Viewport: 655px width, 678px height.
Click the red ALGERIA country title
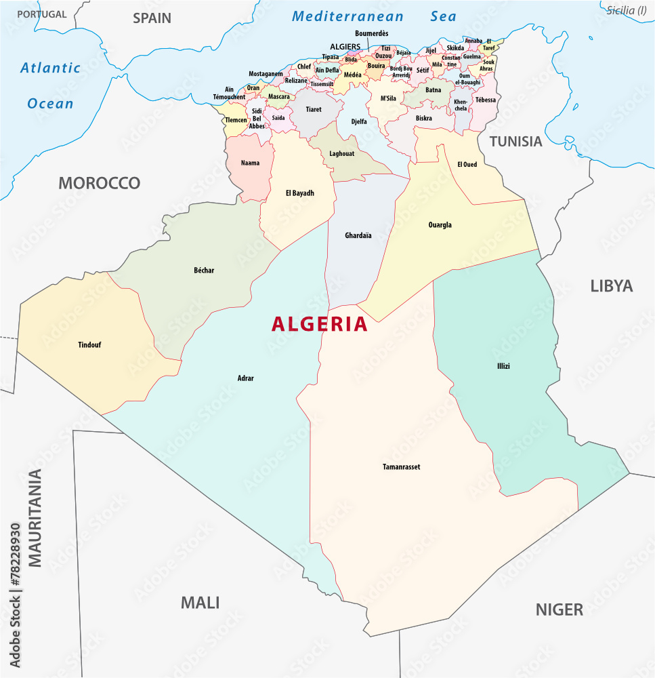click(320, 324)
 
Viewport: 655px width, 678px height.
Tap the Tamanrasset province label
click(401, 466)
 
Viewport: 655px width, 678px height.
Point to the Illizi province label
click(503, 366)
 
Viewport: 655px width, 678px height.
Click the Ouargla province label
click(440, 225)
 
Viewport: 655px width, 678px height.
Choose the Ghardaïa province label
click(358, 236)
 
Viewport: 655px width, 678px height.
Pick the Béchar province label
click(204, 271)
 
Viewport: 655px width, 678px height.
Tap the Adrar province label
click(246, 378)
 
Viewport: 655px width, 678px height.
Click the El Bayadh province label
click(299, 193)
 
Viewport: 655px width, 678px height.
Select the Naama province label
click(250, 163)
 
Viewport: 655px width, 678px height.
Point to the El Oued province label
click(468, 164)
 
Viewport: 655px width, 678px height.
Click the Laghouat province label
click(341, 154)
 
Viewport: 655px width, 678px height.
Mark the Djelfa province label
click(358, 122)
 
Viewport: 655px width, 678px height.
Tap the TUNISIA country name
click(516, 142)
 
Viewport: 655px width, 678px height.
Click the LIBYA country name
click(611, 285)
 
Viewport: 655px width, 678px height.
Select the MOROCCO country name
click(99, 182)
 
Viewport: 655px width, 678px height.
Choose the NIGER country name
click(559, 609)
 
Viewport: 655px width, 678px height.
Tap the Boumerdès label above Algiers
click(371, 33)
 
